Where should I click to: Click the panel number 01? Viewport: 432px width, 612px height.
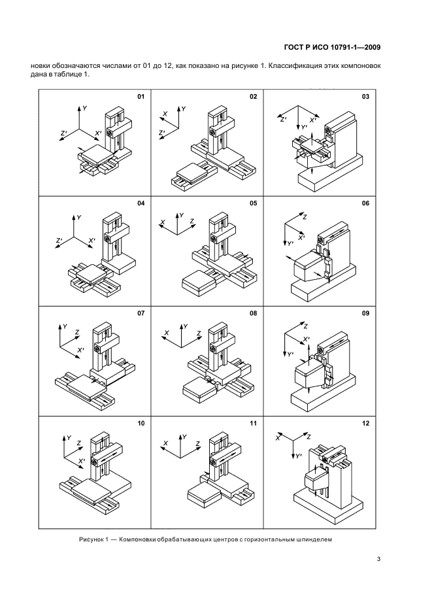(x=140, y=97)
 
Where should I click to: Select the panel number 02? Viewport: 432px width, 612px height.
(x=253, y=97)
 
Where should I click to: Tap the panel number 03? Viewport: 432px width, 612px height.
(x=365, y=97)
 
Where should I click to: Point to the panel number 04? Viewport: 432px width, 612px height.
(x=140, y=203)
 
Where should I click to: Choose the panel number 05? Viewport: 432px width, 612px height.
(x=253, y=203)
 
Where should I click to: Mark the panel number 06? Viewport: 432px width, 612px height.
(x=365, y=203)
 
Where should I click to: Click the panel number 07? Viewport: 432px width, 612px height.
(x=140, y=314)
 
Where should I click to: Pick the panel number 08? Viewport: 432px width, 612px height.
(x=253, y=314)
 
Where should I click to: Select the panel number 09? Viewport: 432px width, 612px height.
(x=365, y=314)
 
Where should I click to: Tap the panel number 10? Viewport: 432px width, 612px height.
(x=140, y=424)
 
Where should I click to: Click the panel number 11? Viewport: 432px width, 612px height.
(x=253, y=424)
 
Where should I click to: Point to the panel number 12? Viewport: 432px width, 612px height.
(x=365, y=424)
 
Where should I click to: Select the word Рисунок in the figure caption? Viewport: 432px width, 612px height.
(x=92, y=539)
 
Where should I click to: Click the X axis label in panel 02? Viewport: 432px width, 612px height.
(x=165, y=114)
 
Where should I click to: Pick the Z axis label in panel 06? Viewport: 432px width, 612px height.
(x=305, y=216)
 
